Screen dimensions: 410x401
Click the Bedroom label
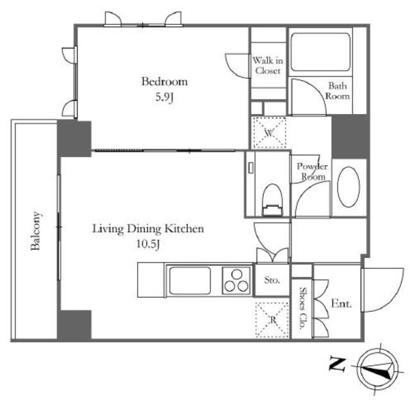point(165,81)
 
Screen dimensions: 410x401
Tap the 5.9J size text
point(165,97)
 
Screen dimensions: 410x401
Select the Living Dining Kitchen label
point(148,229)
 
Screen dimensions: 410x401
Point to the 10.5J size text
point(148,245)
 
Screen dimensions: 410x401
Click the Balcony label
point(36,231)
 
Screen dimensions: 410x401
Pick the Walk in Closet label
point(268,65)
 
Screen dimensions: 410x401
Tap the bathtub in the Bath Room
point(320,52)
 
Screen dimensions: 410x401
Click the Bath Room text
point(338,91)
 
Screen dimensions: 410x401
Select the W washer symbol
point(269,133)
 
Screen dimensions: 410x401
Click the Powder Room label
point(312,171)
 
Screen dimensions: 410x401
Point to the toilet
point(272,199)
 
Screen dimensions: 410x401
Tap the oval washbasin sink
point(348,187)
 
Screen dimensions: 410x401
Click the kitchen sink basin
point(190,280)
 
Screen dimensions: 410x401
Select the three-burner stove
point(236,281)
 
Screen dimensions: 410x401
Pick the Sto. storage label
point(272,280)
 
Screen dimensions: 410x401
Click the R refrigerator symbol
point(272,320)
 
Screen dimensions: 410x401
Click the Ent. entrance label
point(341,304)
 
